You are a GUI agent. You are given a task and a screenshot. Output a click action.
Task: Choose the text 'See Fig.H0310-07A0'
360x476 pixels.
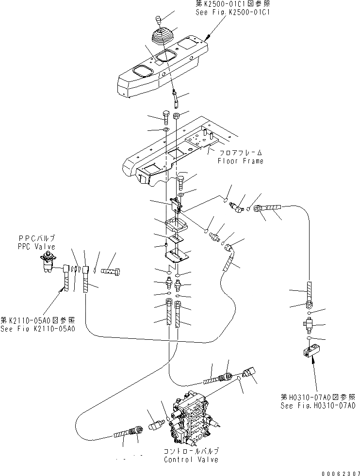tap(318, 405)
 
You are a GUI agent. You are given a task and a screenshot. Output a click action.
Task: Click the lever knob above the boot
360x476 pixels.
tap(158, 19)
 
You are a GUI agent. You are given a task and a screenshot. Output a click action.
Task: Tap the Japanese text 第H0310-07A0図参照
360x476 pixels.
tap(318, 397)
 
